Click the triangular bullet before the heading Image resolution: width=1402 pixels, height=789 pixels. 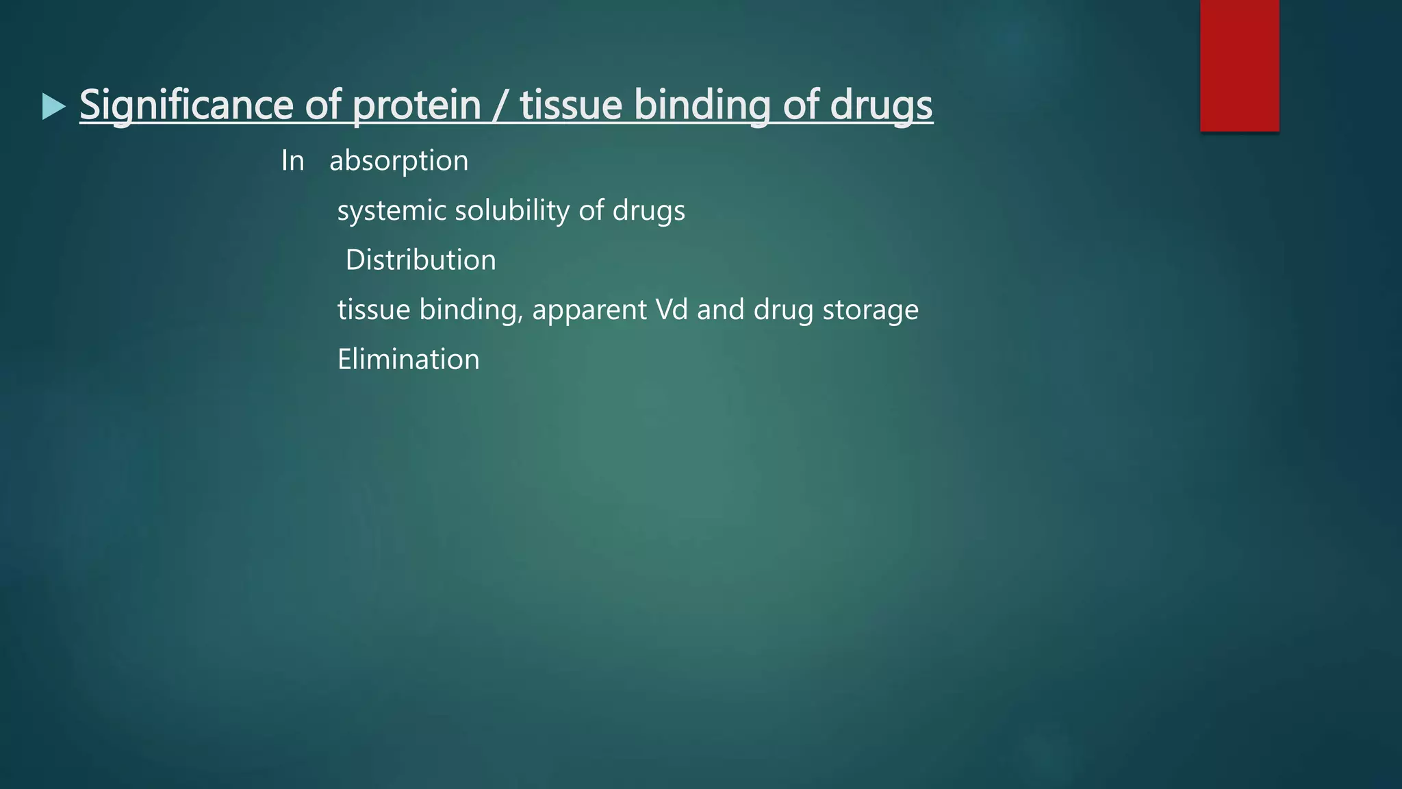[53, 106]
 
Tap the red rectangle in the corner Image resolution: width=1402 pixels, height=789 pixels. [1239, 65]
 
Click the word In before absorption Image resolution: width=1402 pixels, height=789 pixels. [292, 161]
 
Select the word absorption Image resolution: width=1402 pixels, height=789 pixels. [399, 161]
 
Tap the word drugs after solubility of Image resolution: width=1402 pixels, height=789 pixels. [648, 211]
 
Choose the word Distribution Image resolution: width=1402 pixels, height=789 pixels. [420, 260]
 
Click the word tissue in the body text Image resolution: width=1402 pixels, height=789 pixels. [373, 310]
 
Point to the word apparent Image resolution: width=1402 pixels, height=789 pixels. [589, 310]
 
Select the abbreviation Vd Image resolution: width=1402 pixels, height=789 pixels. [671, 310]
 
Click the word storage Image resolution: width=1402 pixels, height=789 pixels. [870, 310]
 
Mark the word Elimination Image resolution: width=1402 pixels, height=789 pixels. [408, 360]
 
